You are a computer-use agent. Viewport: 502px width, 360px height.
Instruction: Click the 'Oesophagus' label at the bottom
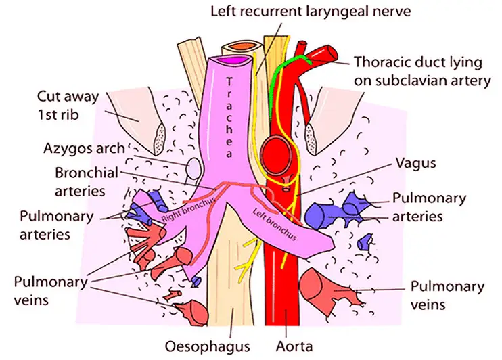click(215, 346)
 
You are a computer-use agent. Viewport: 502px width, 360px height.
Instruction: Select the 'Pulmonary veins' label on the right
click(447, 295)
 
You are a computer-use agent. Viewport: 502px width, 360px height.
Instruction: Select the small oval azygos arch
click(192, 166)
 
